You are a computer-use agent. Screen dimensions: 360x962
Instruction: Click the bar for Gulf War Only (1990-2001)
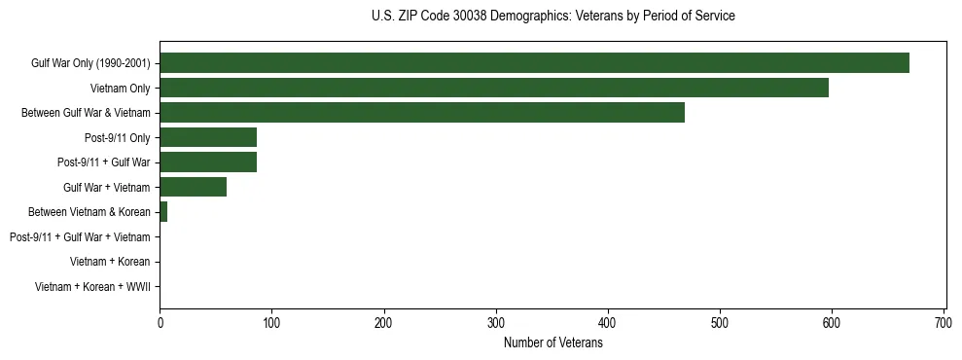click(534, 63)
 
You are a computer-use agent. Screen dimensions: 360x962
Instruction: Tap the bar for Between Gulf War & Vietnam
click(422, 113)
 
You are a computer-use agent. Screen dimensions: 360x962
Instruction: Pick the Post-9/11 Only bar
click(208, 137)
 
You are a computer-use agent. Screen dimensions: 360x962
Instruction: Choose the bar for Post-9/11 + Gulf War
click(208, 162)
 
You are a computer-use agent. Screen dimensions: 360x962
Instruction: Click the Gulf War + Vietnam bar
click(193, 187)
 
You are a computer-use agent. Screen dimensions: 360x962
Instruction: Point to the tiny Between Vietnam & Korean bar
click(163, 212)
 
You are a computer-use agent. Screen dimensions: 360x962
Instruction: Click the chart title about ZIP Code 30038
click(553, 17)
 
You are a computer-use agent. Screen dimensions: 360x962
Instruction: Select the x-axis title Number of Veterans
click(553, 343)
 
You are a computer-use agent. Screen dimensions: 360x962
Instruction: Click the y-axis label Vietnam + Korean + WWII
click(92, 287)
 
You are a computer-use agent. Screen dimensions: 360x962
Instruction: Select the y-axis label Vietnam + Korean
click(110, 262)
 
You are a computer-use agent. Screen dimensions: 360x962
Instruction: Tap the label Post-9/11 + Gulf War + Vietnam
click(80, 237)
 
